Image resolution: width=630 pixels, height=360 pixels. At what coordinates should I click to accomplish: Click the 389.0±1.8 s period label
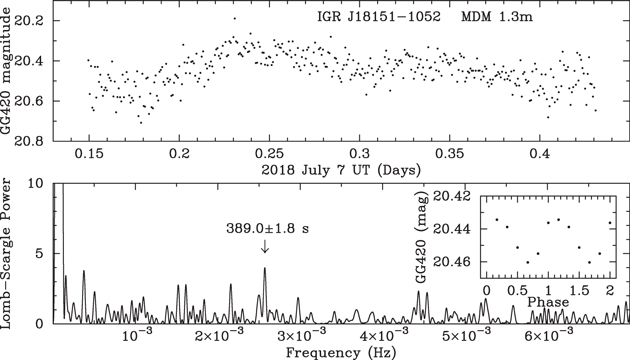point(265,228)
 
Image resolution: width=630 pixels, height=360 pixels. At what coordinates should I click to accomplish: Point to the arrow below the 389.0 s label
point(265,247)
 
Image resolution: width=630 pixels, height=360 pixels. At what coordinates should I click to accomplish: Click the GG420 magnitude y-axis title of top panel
point(10,80)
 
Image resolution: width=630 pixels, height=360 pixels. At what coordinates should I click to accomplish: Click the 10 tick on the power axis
point(37,185)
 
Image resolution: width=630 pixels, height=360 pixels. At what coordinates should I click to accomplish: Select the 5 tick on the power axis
point(41,254)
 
